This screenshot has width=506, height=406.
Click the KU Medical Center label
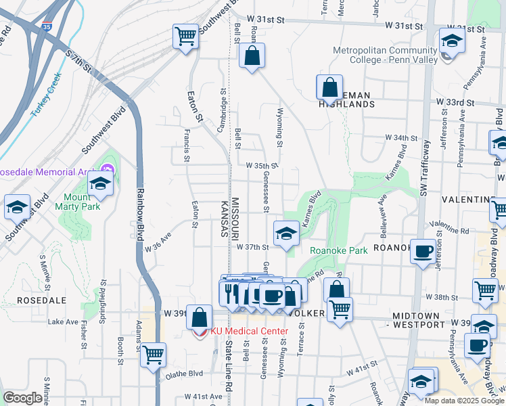tap(249, 331)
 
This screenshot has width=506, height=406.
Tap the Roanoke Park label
tap(338, 250)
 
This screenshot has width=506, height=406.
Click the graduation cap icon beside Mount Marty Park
tap(100, 183)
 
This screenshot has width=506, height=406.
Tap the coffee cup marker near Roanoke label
tap(424, 252)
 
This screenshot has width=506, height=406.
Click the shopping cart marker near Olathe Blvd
tap(154, 353)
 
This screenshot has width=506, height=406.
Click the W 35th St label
tap(262, 166)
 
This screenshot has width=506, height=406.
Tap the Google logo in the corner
tap(23, 398)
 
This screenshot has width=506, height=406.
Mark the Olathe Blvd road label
tap(185, 373)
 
